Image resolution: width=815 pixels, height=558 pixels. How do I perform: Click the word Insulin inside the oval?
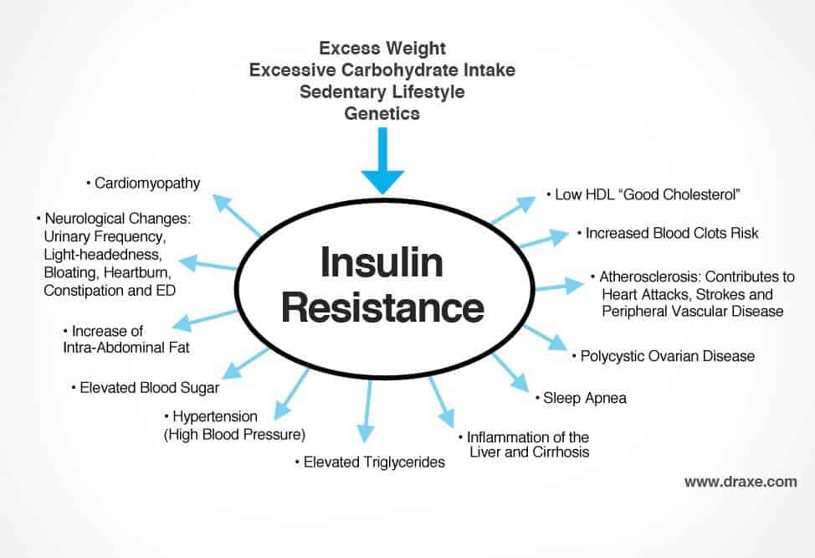click(382, 265)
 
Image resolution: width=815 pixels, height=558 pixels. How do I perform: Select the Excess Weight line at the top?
click(382, 49)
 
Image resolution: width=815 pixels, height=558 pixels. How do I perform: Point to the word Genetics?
click(382, 113)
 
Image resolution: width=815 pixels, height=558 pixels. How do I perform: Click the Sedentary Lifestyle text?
click(382, 91)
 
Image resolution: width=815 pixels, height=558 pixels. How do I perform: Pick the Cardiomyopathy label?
click(147, 183)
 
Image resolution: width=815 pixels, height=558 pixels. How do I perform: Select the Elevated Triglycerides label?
click(369, 462)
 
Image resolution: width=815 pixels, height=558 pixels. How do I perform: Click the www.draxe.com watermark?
click(740, 482)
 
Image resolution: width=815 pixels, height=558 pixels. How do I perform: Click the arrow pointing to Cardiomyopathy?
click(237, 214)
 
